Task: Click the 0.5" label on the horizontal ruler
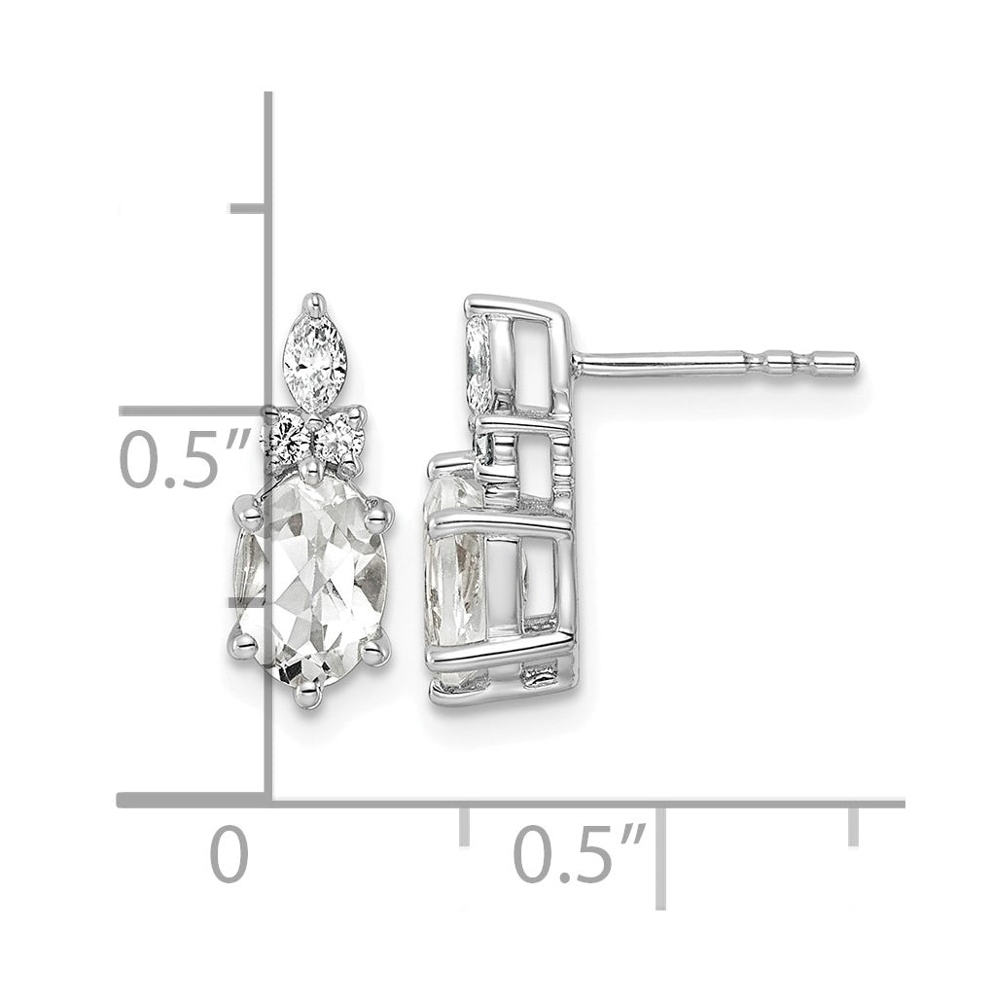(x=580, y=854)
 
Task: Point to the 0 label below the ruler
(x=229, y=854)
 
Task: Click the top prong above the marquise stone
(x=313, y=304)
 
